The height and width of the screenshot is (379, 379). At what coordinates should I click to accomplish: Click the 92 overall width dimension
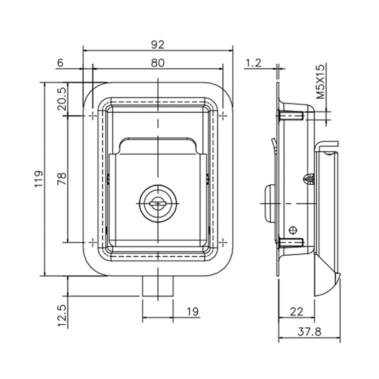pos(158,45)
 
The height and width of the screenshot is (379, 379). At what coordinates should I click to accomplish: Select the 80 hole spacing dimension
pos(158,63)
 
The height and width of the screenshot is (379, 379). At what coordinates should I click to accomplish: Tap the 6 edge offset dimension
pos(60,63)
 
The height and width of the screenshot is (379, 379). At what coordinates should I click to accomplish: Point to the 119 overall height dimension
pos(39,179)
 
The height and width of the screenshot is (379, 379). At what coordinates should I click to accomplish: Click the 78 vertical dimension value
pos(62,179)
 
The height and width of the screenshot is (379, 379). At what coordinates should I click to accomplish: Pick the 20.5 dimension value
pos(62,99)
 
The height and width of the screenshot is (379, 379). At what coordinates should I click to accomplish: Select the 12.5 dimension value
pos(62,316)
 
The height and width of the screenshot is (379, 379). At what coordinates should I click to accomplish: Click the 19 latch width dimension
pos(193,312)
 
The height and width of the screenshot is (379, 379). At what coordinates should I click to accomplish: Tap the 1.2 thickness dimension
pos(254,63)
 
